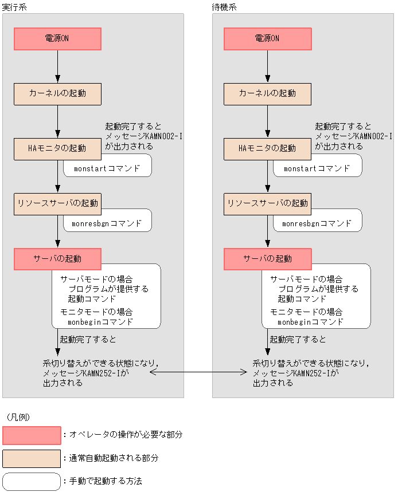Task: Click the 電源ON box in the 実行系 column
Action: [x=58, y=39]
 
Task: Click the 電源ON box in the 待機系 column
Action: [x=267, y=39]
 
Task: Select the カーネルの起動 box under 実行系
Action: [x=58, y=93]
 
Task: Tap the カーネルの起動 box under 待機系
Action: [x=267, y=93]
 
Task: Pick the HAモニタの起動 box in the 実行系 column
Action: [x=58, y=148]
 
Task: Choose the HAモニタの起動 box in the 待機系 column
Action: [x=267, y=148]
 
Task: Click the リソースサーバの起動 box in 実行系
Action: [x=58, y=203]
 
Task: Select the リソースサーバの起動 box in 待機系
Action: [x=267, y=203]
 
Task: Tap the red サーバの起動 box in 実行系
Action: [x=58, y=258]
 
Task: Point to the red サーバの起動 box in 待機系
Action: [x=267, y=258]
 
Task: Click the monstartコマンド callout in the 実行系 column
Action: [x=107, y=168]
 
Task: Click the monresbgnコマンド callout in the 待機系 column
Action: [x=317, y=223]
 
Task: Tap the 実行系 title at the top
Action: [x=14, y=7]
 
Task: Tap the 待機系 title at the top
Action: [x=224, y=7]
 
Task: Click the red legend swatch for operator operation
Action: [x=32, y=435]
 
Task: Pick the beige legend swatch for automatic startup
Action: [x=32, y=458]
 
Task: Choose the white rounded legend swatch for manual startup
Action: [x=32, y=482]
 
